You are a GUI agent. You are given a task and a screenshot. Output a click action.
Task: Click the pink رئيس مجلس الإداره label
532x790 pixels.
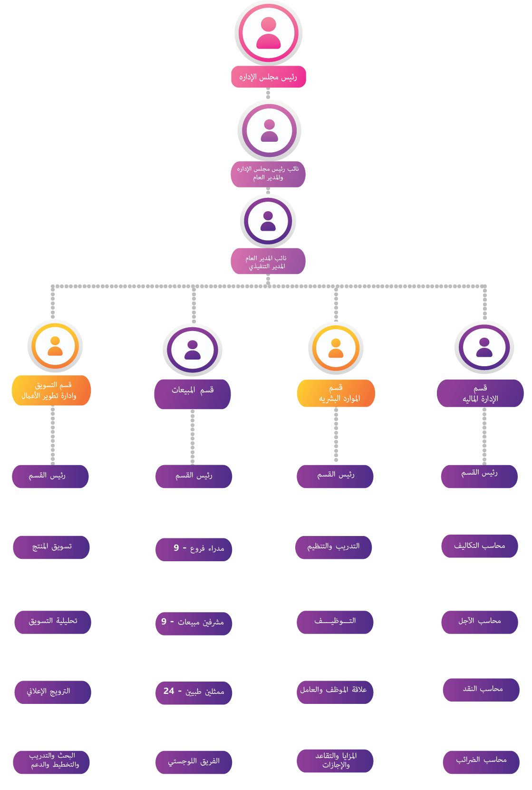[x=268, y=77]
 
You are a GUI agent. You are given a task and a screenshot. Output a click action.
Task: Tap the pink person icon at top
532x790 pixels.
[x=269, y=33]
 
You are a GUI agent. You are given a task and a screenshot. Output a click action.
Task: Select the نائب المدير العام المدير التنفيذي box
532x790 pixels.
[x=268, y=262]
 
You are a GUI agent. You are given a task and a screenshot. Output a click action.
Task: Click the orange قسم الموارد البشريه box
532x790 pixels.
[x=336, y=393]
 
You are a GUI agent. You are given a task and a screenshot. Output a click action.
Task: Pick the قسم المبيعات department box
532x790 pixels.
[x=193, y=394]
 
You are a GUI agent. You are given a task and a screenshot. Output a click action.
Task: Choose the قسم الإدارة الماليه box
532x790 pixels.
[x=480, y=393]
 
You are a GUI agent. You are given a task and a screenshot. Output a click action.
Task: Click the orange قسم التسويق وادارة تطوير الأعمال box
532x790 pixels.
[x=51, y=390]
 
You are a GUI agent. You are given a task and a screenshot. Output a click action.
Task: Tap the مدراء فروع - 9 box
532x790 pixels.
[x=194, y=549]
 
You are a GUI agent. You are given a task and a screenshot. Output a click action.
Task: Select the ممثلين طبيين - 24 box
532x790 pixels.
[x=194, y=692]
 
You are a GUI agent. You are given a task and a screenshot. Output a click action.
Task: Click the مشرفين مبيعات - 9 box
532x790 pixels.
[x=194, y=623]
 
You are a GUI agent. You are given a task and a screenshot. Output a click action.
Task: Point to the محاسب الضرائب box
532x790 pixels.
[x=481, y=761]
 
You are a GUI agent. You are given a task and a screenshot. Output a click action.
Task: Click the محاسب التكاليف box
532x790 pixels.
[x=479, y=546]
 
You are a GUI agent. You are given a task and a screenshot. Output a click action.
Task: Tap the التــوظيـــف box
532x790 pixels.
[x=335, y=622]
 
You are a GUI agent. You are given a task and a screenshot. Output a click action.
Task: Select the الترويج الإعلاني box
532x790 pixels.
[x=52, y=692]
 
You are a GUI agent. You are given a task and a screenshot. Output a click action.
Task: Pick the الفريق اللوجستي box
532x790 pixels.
[x=194, y=762]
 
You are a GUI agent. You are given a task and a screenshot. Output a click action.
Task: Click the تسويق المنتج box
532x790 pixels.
[x=51, y=547]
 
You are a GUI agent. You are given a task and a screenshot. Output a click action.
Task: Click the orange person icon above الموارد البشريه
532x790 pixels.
[x=336, y=348]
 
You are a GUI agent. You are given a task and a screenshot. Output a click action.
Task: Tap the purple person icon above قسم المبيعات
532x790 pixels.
[x=193, y=350]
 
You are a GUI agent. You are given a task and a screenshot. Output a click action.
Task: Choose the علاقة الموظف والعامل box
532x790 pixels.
[x=335, y=691]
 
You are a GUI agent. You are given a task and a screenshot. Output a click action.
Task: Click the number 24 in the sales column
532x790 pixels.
[x=169, y=691]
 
